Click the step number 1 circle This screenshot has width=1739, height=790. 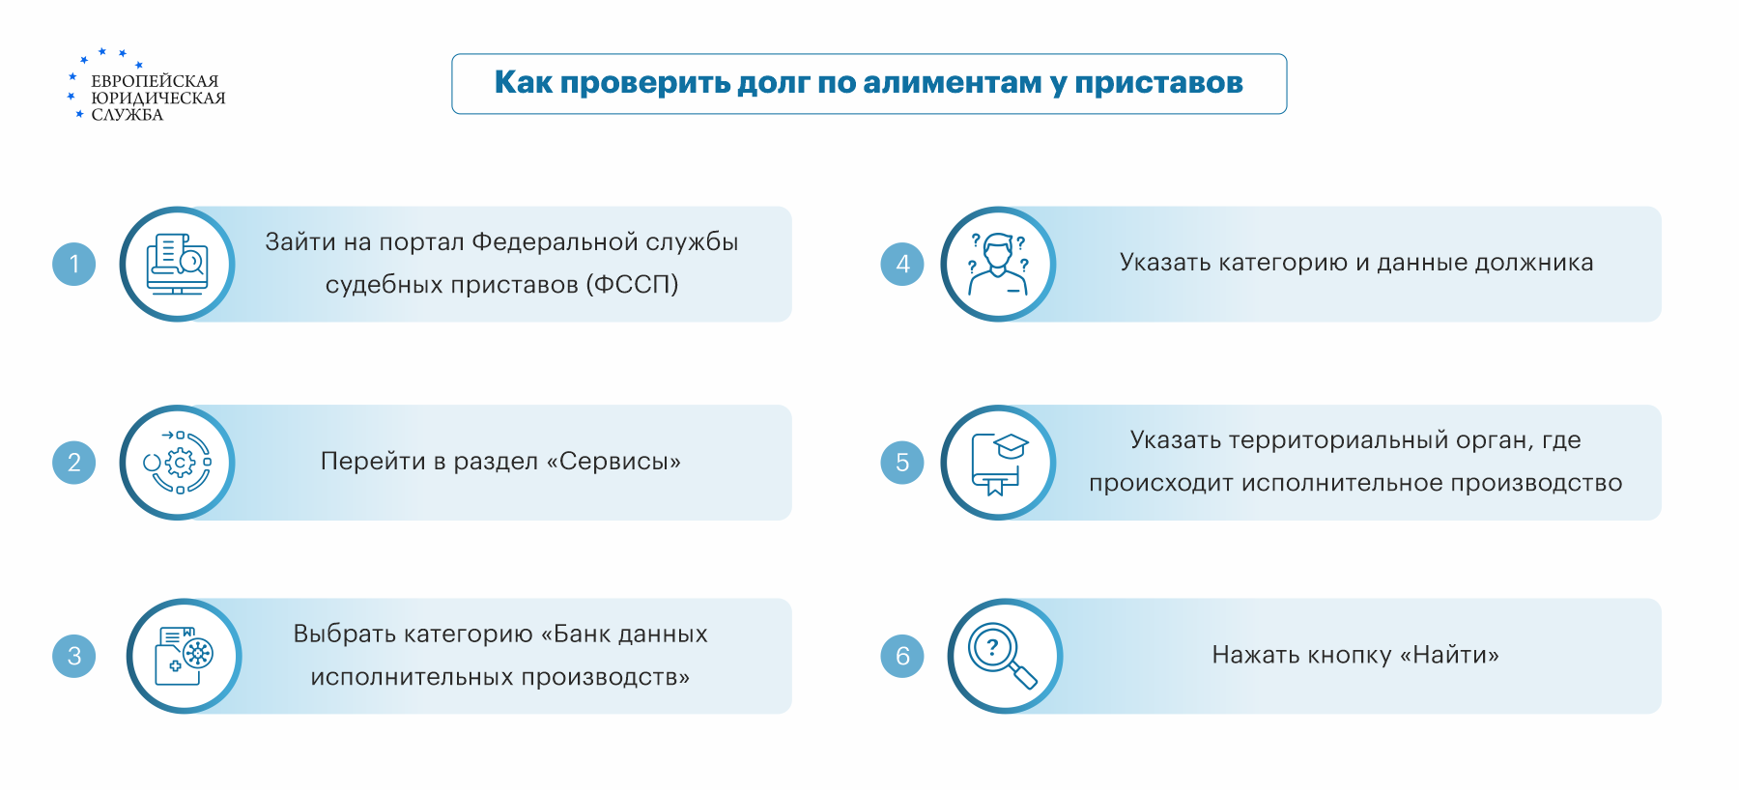tap(74, 264)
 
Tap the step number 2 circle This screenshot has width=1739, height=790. tap(74, 463)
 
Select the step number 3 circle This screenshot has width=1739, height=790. tap(74, 656)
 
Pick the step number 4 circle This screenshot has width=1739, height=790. tap(902, 264)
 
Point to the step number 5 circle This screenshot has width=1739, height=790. tap(902, 463)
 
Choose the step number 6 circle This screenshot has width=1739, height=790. tap(902, 656)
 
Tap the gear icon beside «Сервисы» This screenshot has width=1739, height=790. tap(178, 463)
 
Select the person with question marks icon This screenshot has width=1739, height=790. tap(999, 264)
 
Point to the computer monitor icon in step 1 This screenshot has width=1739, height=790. tap(177, 264)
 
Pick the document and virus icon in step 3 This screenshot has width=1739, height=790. tap(184, 656)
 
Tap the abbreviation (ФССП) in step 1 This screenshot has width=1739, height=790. tap(632, 285)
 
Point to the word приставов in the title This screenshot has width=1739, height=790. tap(1158, 84)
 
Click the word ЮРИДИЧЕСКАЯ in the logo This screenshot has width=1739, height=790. tap(158, 99)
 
